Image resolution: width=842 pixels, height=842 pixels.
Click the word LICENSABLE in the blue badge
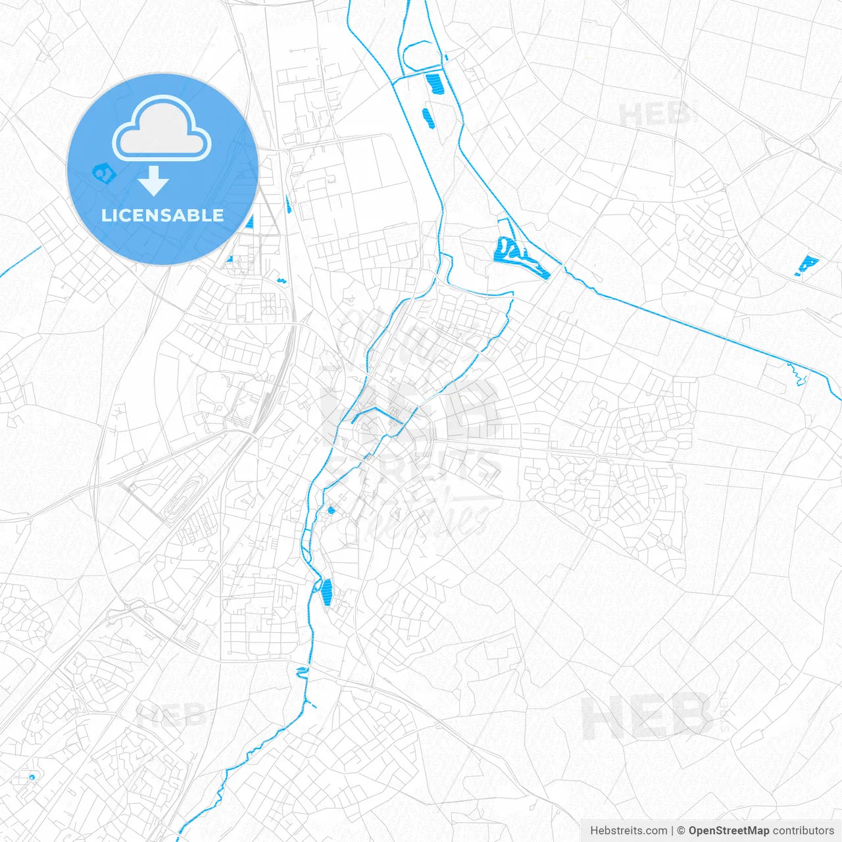tap(162, 215)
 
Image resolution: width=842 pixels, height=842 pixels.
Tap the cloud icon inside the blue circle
tap(162, 129)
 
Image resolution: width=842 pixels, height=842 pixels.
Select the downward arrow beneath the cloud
tap(153, 181)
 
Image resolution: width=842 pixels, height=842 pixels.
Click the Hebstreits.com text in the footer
tap(628, 831)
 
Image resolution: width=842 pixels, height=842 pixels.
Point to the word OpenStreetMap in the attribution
tap(728, 831)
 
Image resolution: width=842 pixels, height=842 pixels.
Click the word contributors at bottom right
tap(803, 831)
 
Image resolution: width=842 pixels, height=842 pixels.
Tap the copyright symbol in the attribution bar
tap(681, 831)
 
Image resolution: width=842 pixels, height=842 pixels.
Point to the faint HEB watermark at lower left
tap(171, 714)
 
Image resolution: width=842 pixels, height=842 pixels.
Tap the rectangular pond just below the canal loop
tap(434, 83)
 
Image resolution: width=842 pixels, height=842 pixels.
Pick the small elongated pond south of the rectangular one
tap(428, 118)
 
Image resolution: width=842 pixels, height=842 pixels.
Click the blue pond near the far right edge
tap(806, 266)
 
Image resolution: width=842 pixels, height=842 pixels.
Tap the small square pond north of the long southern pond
tap(331, 510)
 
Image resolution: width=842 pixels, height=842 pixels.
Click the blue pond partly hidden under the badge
tap(103, 173)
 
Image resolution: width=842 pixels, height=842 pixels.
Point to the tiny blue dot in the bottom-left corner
tap(32, 778)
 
